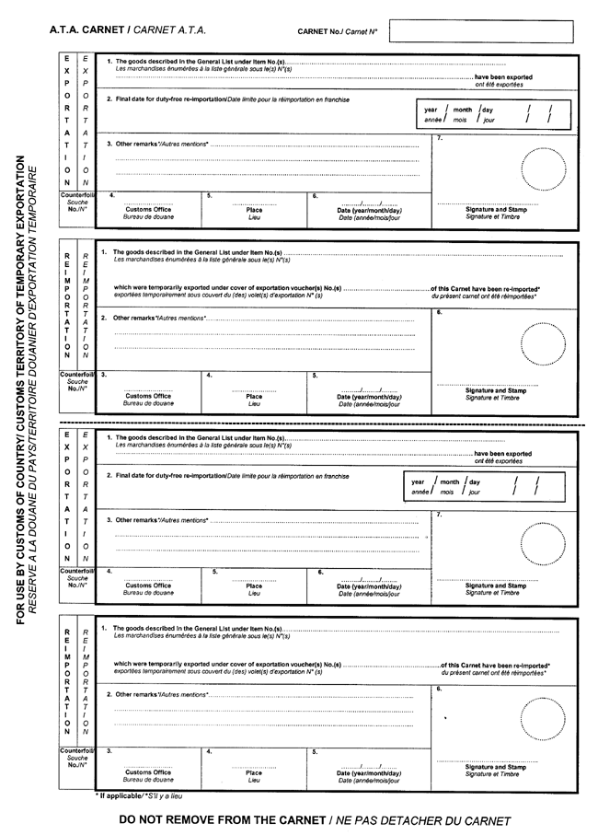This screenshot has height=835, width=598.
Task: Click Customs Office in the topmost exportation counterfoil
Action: (x=148, y=209)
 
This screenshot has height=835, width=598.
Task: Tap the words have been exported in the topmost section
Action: (x=503, y=77)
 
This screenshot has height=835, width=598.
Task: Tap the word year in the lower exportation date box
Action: (x=418, y=481)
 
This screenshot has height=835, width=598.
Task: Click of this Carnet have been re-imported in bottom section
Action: (x=495, y=665)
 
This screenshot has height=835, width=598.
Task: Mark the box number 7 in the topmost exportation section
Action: (x=441, y=138)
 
